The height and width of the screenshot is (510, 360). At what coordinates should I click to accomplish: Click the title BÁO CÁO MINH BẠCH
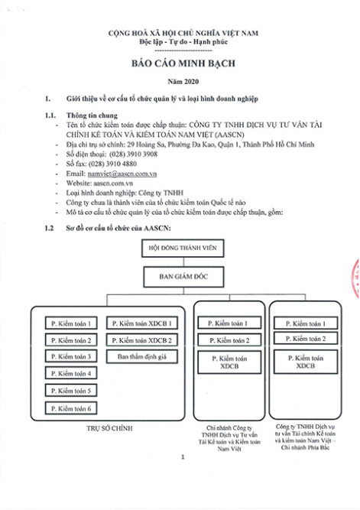(183, 63)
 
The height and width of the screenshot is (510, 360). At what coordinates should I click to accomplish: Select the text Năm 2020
(183, 82)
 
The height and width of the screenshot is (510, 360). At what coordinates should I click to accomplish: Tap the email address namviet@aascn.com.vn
(122, 174)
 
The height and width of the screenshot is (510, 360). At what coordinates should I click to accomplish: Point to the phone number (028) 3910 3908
(133, 154)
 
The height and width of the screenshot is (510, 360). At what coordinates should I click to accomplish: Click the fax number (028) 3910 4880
(112, 164)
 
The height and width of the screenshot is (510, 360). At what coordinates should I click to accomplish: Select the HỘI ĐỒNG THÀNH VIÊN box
(183, 249)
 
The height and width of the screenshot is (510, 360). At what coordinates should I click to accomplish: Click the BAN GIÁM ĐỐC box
(183, 277)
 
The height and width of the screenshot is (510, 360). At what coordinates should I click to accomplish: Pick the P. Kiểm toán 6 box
(71, 408)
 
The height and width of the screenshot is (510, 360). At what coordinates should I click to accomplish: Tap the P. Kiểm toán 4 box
(71, 373)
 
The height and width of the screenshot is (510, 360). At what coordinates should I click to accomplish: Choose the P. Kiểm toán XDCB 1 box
(142, 323)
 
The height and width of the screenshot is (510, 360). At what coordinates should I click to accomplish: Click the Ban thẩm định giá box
(142, 356)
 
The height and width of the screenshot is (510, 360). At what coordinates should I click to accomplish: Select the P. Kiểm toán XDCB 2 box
(142, 340)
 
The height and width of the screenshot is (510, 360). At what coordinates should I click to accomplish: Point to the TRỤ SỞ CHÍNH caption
(109, 428)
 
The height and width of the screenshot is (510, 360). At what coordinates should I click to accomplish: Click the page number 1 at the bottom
(183, 457)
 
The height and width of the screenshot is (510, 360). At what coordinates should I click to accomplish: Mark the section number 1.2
(49, 228)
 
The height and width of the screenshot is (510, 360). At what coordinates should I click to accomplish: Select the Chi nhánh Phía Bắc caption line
(305, 447)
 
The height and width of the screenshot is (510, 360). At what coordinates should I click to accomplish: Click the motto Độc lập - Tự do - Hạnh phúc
(183, 42)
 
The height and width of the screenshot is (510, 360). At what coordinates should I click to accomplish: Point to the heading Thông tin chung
(92, 115)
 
